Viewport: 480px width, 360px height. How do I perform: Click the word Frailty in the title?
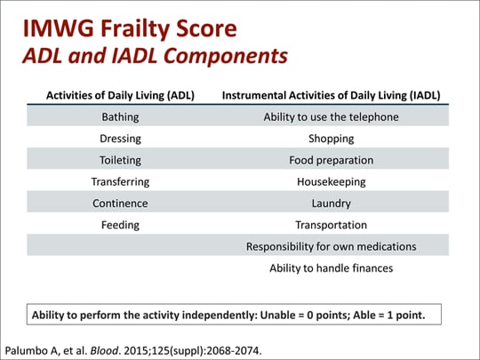click(135, 29)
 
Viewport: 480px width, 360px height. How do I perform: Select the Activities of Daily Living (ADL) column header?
click(120, 95)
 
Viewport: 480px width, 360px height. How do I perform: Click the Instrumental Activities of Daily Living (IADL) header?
click(332, 95)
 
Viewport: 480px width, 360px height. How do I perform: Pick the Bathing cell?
click(120, 117)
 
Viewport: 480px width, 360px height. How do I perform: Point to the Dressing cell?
click(120, 139)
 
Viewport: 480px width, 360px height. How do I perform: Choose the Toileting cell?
click(120, 160)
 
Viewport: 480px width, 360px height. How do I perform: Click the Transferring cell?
click(120, 182)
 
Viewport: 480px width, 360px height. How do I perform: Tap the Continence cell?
click(120, 204)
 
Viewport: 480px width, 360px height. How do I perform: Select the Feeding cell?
click(120, 225)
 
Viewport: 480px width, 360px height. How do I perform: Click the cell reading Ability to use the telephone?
click(332, 117)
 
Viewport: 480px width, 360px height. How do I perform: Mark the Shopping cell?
click(332, 139)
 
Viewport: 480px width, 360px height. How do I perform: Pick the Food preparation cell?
click(332, 160)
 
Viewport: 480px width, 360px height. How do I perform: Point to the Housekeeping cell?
click(332, 182)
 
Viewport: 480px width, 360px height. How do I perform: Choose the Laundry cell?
click(332, 204)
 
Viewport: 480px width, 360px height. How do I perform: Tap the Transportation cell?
click(332, 225)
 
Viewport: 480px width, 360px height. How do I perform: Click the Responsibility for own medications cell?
click(332, 247)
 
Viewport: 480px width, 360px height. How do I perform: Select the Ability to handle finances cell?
click(332, 268)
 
